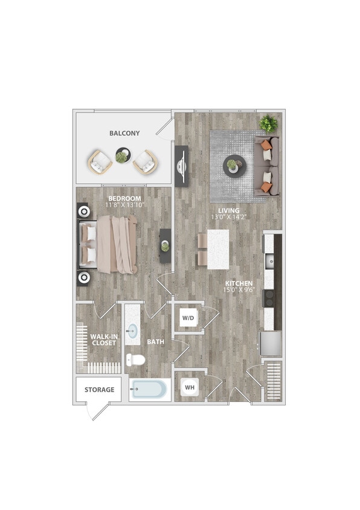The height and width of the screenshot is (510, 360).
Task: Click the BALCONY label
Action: pyautogui.click(x=124, y=133)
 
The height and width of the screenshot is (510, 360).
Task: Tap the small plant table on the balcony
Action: pyautogui.click(x=123, y=157)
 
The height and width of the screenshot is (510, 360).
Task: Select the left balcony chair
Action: pyautogui.click(x=100, y=162)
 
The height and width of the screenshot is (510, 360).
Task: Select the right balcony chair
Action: pyautogui.click(x=146, y=162)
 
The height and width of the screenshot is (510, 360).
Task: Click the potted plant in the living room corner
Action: pyautogui.click(x=268, y=124)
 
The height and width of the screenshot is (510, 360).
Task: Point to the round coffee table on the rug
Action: pyautogui.click(x=234, y=166)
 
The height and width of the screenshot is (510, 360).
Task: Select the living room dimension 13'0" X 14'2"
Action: pyautogui.click(x=229, y=217)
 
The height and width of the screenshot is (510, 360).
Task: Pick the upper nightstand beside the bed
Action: pyautogui.click(x=83, y=212)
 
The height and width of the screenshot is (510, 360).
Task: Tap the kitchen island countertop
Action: pyautogui.click(x=218, y=249)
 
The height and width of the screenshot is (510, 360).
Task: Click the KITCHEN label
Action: pyautogui.click(x=239, y=283)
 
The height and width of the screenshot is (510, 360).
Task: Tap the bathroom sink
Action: pyautogui.click(x=133, y=331)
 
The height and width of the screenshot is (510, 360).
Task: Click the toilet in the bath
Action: pyautogui.click(x=137, y=360)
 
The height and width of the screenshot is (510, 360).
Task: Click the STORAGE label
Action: pyautogui.click(x=99, y=390)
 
